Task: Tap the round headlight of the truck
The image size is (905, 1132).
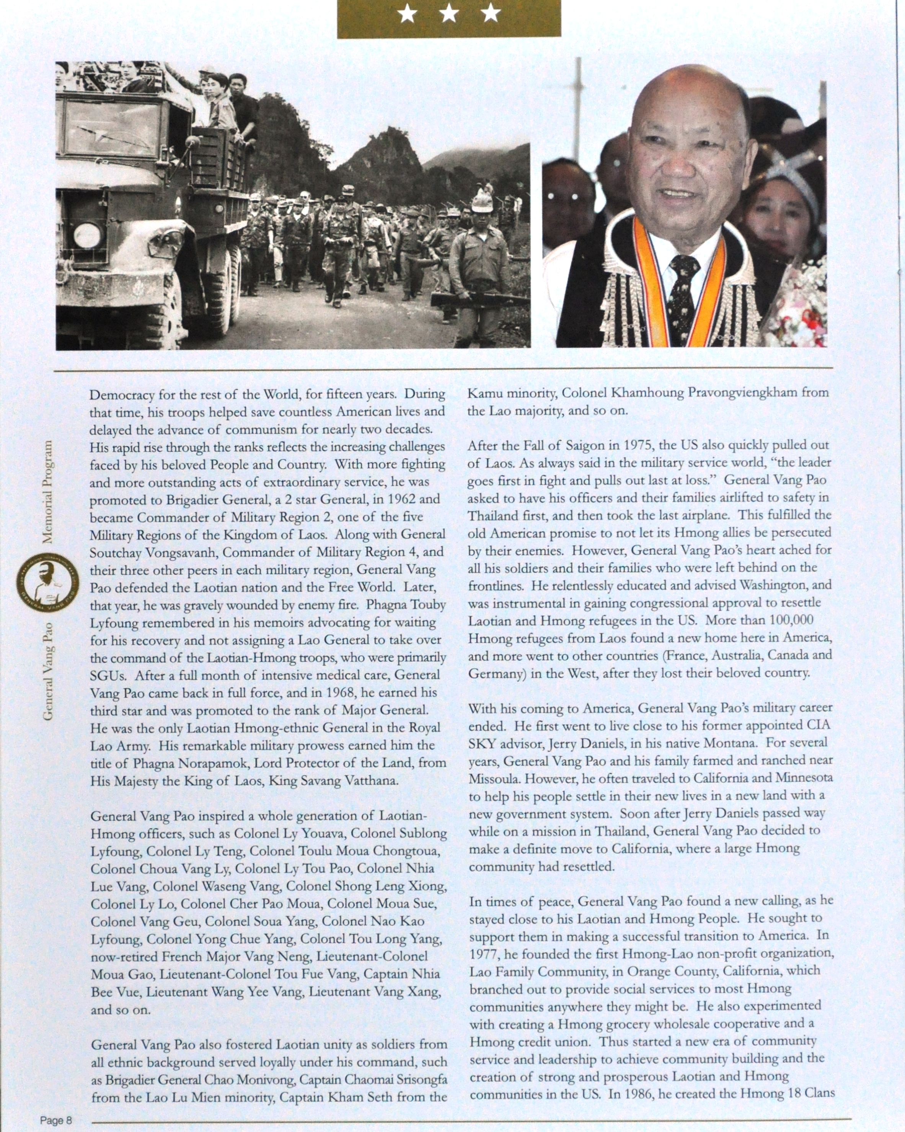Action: pos(87,235)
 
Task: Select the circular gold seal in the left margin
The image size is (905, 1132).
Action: pos(47,584)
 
